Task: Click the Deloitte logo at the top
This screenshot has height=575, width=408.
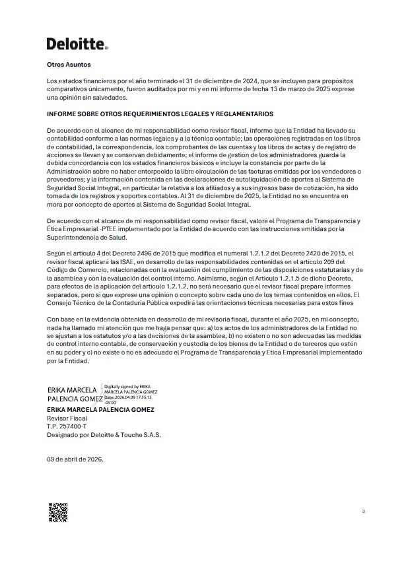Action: point(77,44)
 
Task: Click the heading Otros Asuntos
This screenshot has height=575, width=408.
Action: point(68,65)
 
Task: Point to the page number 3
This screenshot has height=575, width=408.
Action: point(363,512)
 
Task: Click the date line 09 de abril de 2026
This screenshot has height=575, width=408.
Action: point(75,459)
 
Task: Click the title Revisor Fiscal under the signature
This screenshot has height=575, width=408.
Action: point(67,419)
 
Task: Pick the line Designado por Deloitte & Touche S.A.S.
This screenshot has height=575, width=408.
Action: point(104,435)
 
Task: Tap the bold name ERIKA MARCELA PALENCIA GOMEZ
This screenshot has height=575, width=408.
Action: point(100,410)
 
